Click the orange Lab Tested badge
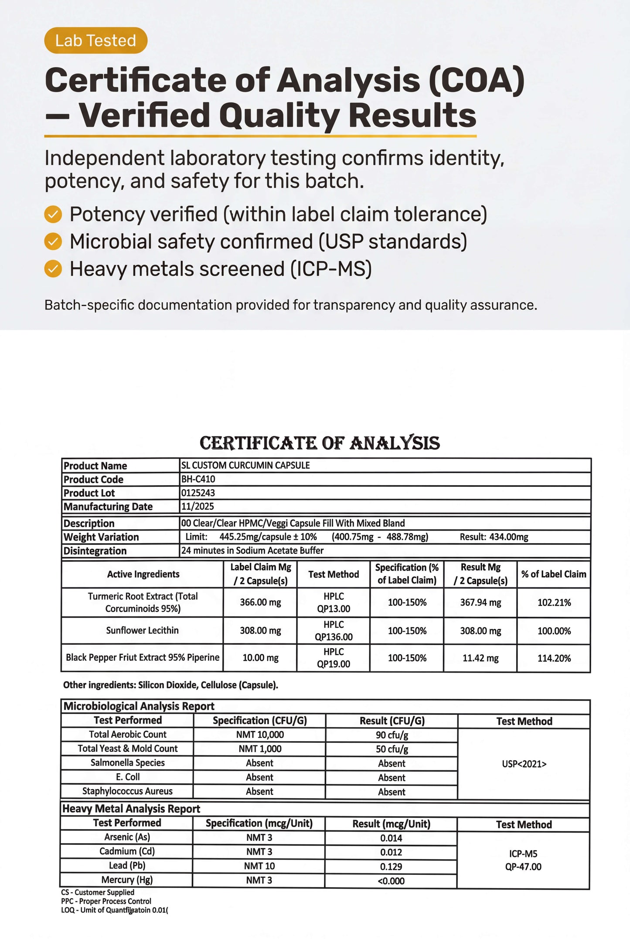pyautogui.click(x=95, y=41)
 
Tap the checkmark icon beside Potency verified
pyautogui.click(x=53, y=214)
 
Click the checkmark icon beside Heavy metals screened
pyautogui.click(x=53, y=269)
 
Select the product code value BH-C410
pyautogui.click(x=198, y=479)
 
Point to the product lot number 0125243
pyautogui.click(x=198, y=493)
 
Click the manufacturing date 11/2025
pyautogui.click(x=198, y=506)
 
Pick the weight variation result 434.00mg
pyautogui.click(x=494, y=537)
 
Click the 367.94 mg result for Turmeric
pyautogui.click(x=480, y=602)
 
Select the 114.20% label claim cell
pyautogui.click(x=554, y=658)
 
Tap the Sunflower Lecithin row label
pyautogui.click(x=142, y=630)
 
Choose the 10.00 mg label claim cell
pyautogui.click(x=260, y=658)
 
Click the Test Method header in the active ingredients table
pyautogui.click(x=334, y=574)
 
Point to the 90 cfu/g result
pyautogui.click(x=392, y=735)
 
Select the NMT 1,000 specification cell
pyautogui.click(x=260, y=749)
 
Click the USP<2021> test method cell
pyautogui.click(x=524, y=764)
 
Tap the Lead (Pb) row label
pyautogui.click(x=127, y=865)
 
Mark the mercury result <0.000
pyautogui.click(x=391, y=881)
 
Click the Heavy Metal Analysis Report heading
pyautogui.click(x=131, y=809)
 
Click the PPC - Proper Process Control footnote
pyautogui.click(x=106, y=901)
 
